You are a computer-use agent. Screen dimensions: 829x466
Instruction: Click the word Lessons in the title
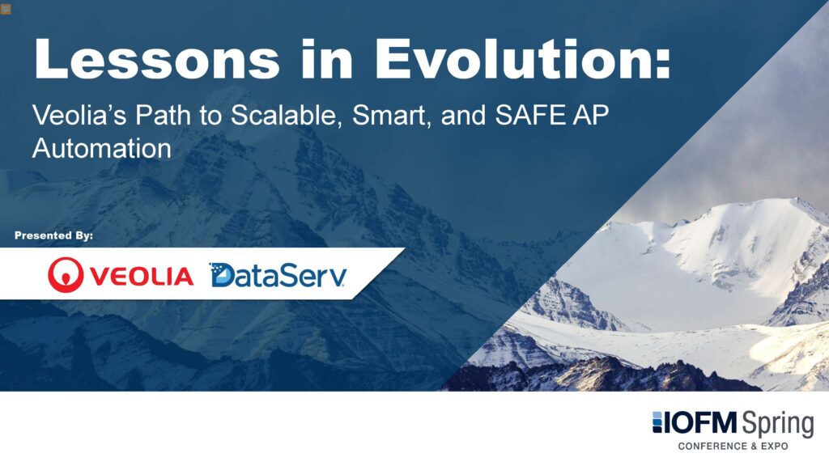point(157,58)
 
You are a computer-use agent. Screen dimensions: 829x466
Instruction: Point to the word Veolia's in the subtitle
point(79,115)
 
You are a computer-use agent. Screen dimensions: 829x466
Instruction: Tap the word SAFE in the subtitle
point(529,115)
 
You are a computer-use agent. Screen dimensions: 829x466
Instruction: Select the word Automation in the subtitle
point(102,149)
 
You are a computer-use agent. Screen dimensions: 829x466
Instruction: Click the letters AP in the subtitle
point(590,115)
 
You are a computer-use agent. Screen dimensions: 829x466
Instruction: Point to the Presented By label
point(54,235)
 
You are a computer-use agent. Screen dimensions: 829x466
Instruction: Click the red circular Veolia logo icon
point(66,275)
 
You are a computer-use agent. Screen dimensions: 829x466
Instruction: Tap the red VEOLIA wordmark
point(141,277)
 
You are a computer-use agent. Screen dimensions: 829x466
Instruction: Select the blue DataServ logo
point(278,275)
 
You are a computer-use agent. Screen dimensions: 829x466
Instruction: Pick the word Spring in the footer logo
point(777,424)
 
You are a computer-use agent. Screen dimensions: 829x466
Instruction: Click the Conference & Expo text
point(733,446)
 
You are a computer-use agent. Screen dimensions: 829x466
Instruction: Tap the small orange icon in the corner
point(6,9)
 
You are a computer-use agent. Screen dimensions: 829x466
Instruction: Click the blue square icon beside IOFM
point(657,422)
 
